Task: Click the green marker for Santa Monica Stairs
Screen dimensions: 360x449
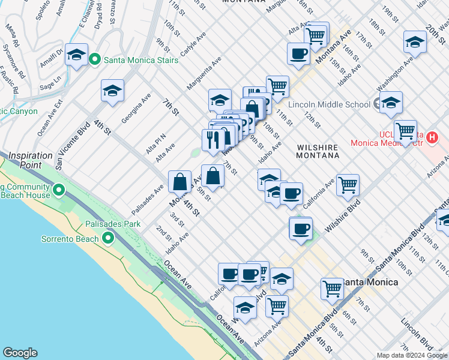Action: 95,60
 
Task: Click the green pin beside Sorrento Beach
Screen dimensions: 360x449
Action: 108,239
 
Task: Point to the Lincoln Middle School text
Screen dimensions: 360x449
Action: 329,104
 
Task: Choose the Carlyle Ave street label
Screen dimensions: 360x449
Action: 189,53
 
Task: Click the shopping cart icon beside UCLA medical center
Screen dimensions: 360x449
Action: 406,130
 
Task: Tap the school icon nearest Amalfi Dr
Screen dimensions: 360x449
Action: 77,56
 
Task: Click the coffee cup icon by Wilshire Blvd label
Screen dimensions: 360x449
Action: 301,229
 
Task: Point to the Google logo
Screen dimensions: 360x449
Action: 20,353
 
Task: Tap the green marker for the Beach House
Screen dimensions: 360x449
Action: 58,191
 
